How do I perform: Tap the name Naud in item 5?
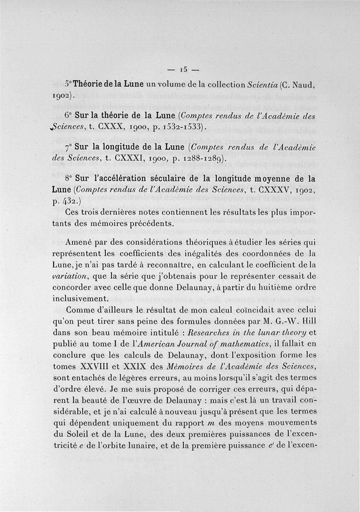[x=301, y=85]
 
